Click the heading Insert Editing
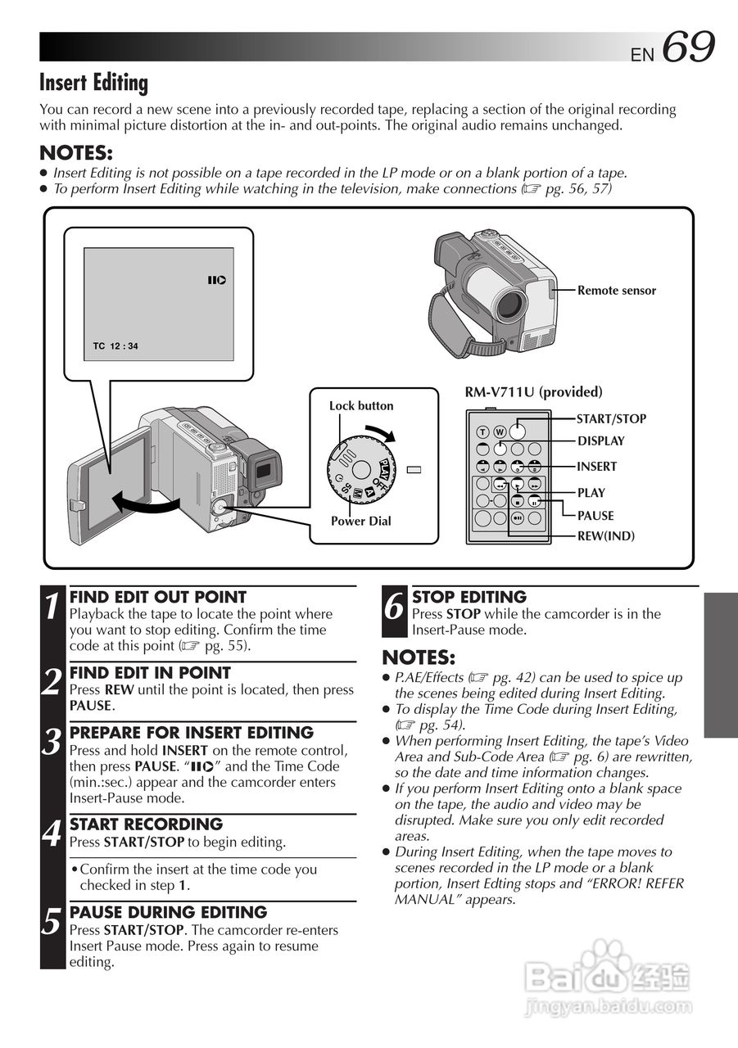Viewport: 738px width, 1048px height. pyautogui.click(x=94, y=83)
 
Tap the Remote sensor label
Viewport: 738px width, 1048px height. pyautogui.click(x=616, y=291)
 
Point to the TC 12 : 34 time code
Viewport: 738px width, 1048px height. pyautogui.click(x=115, y=346)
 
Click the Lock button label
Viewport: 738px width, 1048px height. pyautogui.click(x=360, y=406)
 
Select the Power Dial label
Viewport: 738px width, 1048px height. pyautogui.click(x=360, y=522)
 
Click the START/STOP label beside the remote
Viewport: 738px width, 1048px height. pyautogui.click(x=611, y=419)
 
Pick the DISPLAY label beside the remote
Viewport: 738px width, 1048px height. pyautogui.click(x=600, y=441)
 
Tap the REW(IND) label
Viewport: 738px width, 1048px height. pyautogui.click(x=605, y=536)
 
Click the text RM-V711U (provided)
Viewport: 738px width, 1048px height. pyautogui.click(x=533, y=392)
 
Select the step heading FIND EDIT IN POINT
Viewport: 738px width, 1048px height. pyautogui.click(x=150, y=673)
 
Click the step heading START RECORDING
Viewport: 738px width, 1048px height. pyautogui.click(x=146, y=824)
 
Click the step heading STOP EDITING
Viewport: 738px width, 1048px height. pyautogui.click(x=469, y=598)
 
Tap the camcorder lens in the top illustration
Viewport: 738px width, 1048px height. pyautogui.click(x=509, y=304)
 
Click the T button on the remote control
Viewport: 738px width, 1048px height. pyautogui.click(x=482, y=432)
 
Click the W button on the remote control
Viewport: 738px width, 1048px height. pyautogui.click(x=498, y=432)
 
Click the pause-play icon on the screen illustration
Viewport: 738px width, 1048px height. pyautogui.click(x=216, y=281)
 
